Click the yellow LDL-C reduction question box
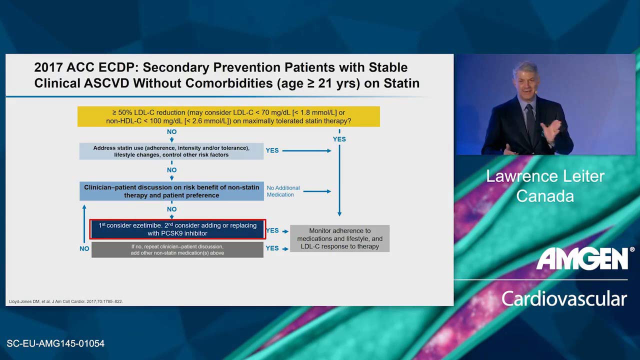point(228,116)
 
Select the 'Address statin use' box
point(171,151)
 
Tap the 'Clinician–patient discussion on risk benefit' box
point(171,191)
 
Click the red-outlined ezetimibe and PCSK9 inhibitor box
point(177,229)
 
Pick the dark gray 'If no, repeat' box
point(177,249)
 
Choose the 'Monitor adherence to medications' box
point(339,238)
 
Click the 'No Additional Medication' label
point(283,191)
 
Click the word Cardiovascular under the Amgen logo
point(564,299)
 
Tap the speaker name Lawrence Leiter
point(545,176)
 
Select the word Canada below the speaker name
point(545,196)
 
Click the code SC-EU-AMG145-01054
point(55,343)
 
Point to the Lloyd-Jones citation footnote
point(65,301)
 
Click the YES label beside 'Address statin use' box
point(272,150)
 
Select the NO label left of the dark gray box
point(84,248)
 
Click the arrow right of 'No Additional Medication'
point(317,191)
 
